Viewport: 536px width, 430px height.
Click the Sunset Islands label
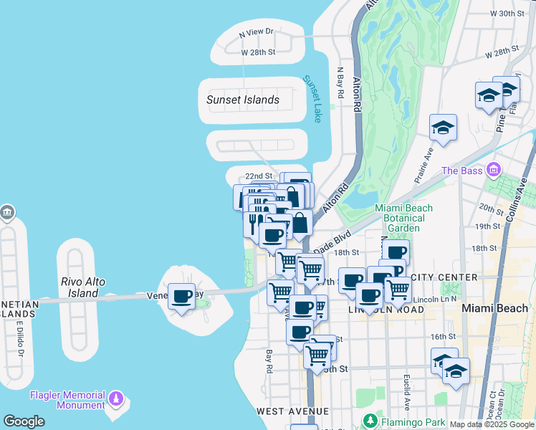243,100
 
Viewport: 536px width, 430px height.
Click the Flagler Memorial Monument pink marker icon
115,398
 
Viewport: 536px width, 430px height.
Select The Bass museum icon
493,171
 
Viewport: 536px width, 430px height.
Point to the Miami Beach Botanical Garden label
405,218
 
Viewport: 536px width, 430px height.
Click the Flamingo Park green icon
370,421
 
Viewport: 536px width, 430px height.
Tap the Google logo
24,421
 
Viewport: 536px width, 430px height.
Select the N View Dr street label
257,32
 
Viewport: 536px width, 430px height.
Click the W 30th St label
509,14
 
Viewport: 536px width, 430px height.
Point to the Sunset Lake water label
313,99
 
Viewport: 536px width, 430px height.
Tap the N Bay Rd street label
340,83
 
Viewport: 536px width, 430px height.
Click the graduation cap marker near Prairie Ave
443,128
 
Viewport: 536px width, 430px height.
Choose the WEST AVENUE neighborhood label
292,411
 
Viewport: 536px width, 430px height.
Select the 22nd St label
259,176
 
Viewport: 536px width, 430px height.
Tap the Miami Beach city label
495,308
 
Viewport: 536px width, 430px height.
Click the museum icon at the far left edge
6,213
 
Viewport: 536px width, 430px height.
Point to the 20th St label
492,209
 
